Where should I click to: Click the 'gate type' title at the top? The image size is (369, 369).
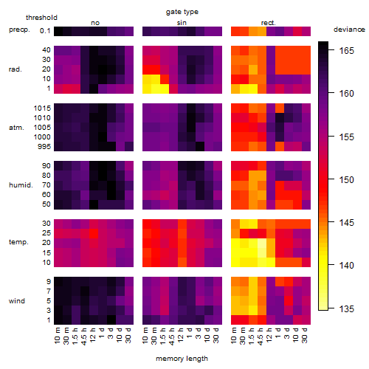coord(182,12)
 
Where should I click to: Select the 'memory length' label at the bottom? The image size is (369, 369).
coord(182,359)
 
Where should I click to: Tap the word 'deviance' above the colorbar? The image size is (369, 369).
coord(349,30)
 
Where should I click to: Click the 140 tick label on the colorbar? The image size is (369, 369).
coord(347,266)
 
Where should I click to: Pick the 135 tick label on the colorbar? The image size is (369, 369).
coord(347,309)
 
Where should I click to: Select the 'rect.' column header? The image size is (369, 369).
coord(269,23)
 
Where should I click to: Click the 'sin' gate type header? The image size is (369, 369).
coord(182,23)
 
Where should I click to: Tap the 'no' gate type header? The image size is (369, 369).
coord(95,23)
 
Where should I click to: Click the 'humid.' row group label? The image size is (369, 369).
coord(21,185)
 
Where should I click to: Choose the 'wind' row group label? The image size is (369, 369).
coord(17,301)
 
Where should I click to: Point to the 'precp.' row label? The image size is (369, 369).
coord(19,30)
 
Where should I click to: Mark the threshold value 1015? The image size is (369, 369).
coord(42,108)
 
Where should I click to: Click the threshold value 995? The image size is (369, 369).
coord(44,147)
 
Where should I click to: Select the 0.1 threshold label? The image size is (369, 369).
coord(45,31)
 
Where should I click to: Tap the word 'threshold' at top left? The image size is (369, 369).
coord(41,18)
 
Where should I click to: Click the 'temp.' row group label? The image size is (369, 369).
coord(18,242)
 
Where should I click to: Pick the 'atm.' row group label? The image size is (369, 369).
coord(16,128)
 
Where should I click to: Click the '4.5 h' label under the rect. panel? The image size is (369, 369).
coord(261,337)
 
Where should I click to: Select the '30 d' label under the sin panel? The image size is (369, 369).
coord(215,335)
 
